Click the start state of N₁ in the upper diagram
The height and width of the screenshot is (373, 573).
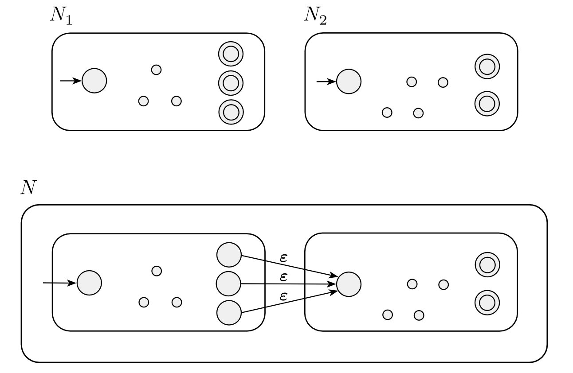coord(94,81)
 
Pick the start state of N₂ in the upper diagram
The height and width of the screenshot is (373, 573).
coord(349,82)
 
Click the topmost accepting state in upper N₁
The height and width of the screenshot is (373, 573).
coord(231,54)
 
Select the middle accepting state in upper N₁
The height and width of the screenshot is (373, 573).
coord(231,83)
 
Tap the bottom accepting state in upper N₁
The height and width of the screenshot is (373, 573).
coord(231,112)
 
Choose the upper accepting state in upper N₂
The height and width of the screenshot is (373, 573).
coord(487,67)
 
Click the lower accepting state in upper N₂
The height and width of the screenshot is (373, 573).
coord(487,103)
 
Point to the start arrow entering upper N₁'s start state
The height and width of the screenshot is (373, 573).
coord(71,81)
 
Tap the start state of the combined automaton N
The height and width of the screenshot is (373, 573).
coord(89,283)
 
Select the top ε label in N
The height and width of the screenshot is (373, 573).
coord(284,257)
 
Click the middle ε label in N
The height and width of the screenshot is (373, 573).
coord(284,277)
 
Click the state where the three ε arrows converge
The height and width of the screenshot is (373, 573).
coord(349,284)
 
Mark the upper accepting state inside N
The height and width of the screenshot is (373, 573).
coord(487,265)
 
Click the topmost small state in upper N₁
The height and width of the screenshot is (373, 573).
coord(156,70)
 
